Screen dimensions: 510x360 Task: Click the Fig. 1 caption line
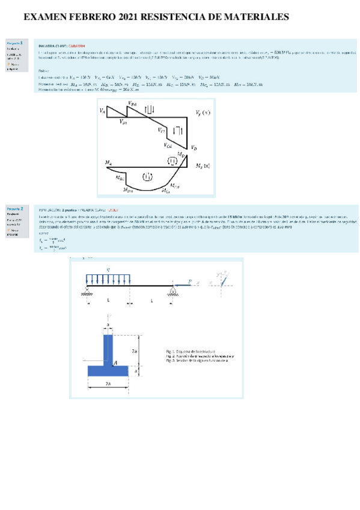192,349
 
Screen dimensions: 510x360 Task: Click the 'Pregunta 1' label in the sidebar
15,43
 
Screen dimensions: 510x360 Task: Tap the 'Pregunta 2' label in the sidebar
15,209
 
